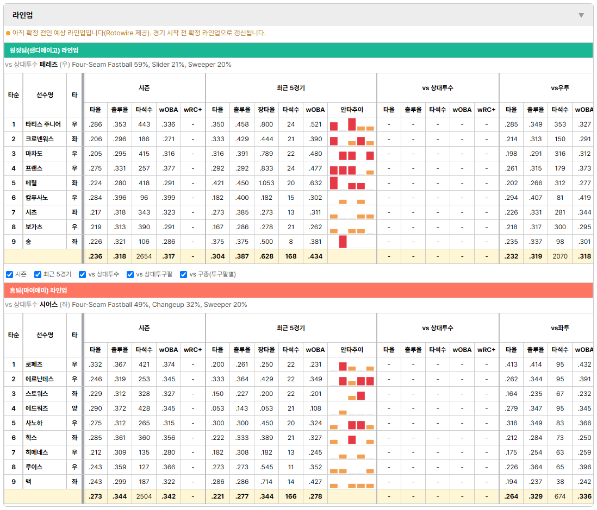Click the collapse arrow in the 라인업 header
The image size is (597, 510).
tap(581, 15)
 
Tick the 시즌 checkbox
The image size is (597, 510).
tap(10, 275)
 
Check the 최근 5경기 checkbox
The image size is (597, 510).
tap(38, 275)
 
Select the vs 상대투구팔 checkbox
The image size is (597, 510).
tap(130, 275)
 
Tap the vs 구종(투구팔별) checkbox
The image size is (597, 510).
tap(184, 275)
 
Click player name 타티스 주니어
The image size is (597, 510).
tap(43, 124)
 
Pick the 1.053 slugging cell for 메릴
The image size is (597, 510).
tap(266, 183)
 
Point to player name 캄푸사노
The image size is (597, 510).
tap(36, 198)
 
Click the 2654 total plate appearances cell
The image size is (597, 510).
tap(144, 256)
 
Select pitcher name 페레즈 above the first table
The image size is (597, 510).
tap(49, 65)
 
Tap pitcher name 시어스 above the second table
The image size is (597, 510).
tap(49, 305)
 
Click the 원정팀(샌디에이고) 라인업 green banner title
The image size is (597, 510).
tap(44, 51)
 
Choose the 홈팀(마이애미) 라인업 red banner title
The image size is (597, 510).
tap(38, 291)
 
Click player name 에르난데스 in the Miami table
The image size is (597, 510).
tap(40, 379)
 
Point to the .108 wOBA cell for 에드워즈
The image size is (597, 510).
tap(315, 408)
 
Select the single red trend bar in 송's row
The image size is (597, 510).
tap(343, 242)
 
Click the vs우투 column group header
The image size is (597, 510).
tap(560, 88)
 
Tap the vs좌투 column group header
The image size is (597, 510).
tap(560, 328)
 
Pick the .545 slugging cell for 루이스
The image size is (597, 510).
tap(266, 467)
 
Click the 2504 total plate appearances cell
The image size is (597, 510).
tap(144, 496)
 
